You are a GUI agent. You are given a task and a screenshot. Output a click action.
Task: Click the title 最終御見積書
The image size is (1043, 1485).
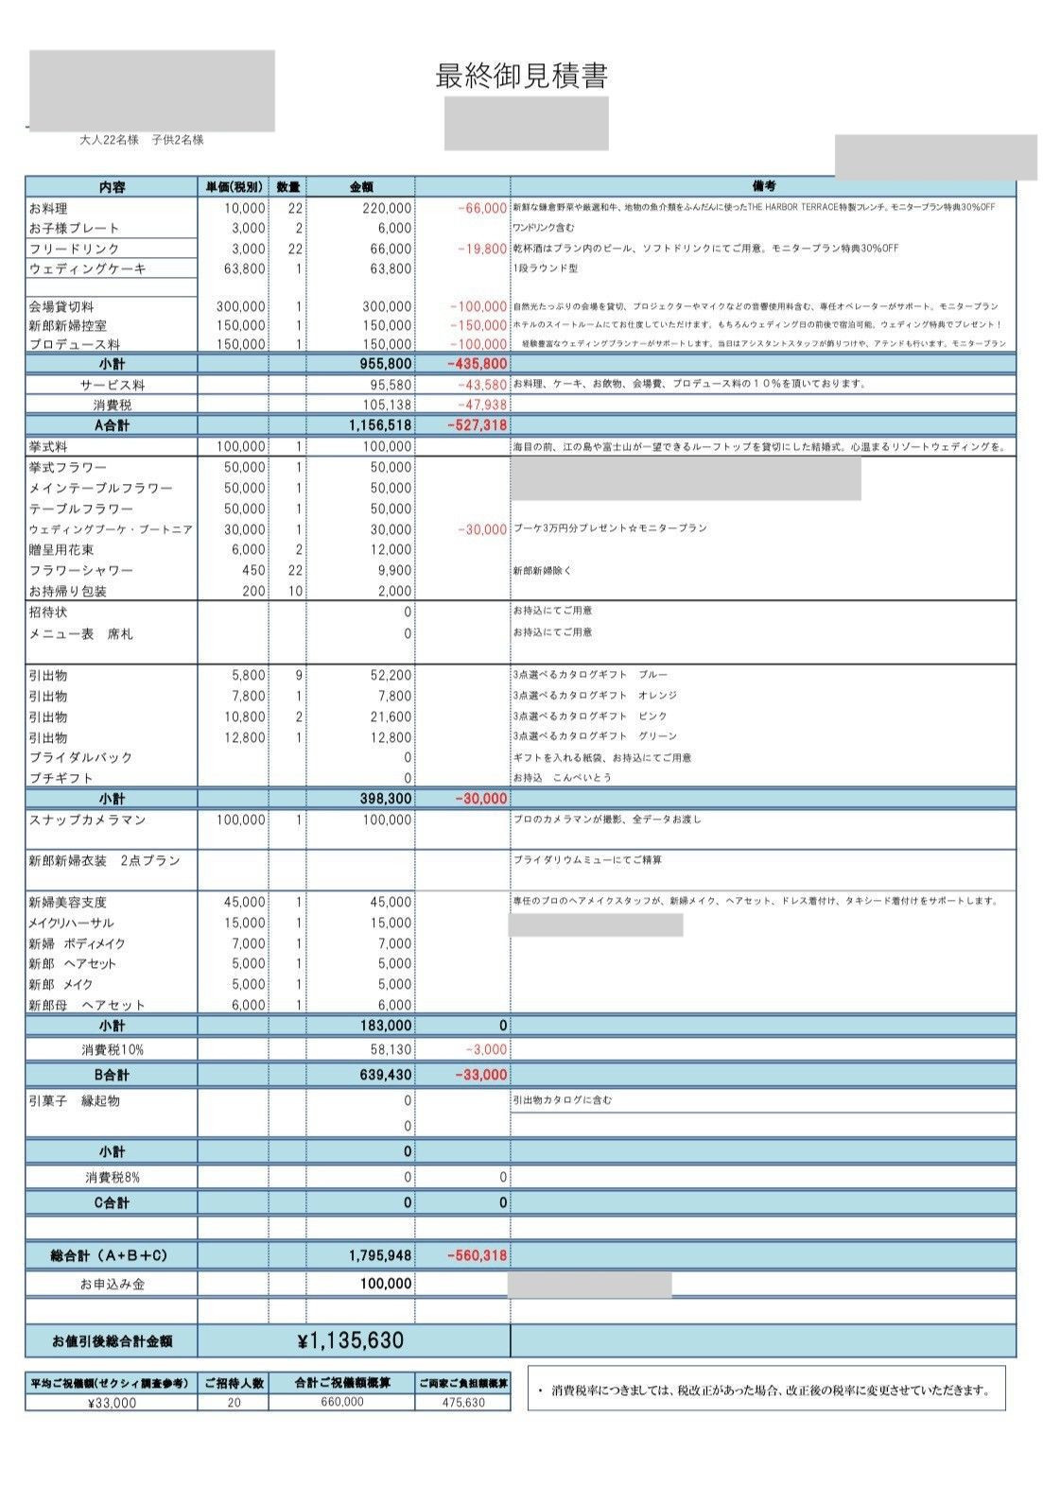521,76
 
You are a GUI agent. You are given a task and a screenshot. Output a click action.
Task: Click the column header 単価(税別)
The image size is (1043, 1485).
233,186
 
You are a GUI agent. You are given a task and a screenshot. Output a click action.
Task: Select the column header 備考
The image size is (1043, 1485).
763,186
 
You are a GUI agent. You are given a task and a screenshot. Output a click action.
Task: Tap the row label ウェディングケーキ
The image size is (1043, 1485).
87,268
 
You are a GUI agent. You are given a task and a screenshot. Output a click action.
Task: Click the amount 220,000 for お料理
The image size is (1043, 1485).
387,208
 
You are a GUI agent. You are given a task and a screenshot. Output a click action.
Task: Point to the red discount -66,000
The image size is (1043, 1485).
481,208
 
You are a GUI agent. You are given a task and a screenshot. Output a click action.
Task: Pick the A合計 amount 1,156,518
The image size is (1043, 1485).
380,425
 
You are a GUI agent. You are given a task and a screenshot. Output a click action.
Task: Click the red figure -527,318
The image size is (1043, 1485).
477,425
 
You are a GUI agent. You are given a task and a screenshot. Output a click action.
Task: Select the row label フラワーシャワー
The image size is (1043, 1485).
80,570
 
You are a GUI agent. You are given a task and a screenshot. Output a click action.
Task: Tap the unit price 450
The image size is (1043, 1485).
253,570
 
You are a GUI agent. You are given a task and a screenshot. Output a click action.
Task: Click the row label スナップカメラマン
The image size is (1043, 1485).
87,820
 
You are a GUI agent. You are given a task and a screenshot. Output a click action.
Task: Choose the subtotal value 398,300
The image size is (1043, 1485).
386,799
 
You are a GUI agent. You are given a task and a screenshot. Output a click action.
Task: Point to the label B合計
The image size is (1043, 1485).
112,1075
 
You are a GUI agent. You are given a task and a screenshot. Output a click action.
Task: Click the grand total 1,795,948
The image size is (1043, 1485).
380,1255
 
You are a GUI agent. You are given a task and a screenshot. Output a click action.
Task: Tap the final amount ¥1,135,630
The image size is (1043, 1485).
350,1340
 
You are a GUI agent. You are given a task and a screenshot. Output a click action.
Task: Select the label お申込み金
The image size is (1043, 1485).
112,1284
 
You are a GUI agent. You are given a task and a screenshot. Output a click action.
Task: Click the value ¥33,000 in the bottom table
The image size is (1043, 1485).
111,1403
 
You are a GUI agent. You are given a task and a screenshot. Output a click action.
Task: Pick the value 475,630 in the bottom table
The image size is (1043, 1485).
462,1403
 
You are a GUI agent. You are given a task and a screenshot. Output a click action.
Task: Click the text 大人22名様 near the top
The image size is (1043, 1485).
109,140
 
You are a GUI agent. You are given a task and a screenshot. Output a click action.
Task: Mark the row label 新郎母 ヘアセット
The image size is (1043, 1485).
87,1005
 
